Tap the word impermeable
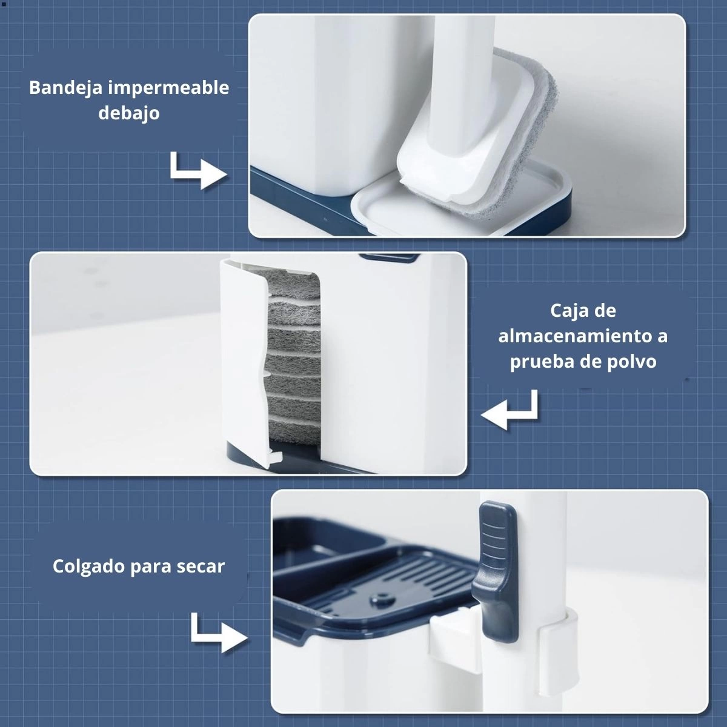[x=168, y=88]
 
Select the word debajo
[x=129, y=113]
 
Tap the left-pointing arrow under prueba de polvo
[x=509, y=410]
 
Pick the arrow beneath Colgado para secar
[x=219, y=632]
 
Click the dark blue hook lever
[x=496, y=571]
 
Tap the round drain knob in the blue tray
[x=382, y=600]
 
